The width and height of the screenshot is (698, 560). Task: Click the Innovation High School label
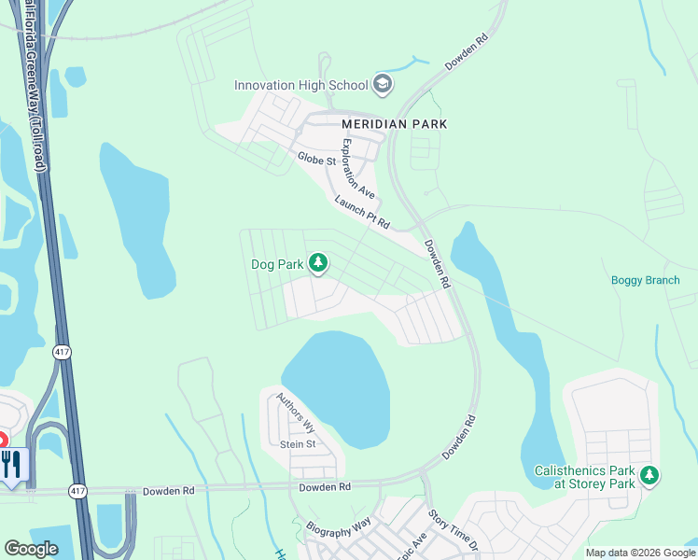click(x=300, y=85)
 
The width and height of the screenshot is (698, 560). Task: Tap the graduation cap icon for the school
click(x=382, y=85)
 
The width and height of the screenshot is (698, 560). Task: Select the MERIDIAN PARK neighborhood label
click(x=394, y=123)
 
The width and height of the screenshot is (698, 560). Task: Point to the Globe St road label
click(x=316, y=160)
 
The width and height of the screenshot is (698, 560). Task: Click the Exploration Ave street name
click(x=358, y=169)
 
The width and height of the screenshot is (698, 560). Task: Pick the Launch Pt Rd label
click(x=361, y=213)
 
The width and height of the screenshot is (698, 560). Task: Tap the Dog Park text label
click(x=277, y=264)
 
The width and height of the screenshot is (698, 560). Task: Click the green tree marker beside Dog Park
click(x=318, y=264)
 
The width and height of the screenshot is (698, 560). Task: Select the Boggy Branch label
click(x=645, y=280)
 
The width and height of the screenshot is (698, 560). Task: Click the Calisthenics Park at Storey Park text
click(x=584, y=477)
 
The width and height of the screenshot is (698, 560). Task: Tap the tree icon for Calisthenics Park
click(x=649, y=477)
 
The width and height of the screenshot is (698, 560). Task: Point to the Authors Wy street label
click(x=296, y=413)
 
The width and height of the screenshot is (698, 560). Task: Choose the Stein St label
click(x=300, y=444)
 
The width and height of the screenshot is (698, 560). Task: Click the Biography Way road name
click(x=339, y=526)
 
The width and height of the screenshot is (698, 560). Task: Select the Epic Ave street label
click(x=412, y=545)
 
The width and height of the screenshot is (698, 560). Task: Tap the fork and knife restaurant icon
click(x=11, y=464)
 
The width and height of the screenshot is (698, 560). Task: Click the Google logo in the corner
click(x=31, y=549)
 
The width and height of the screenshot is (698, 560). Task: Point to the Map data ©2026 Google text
click(x=640, y=553)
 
